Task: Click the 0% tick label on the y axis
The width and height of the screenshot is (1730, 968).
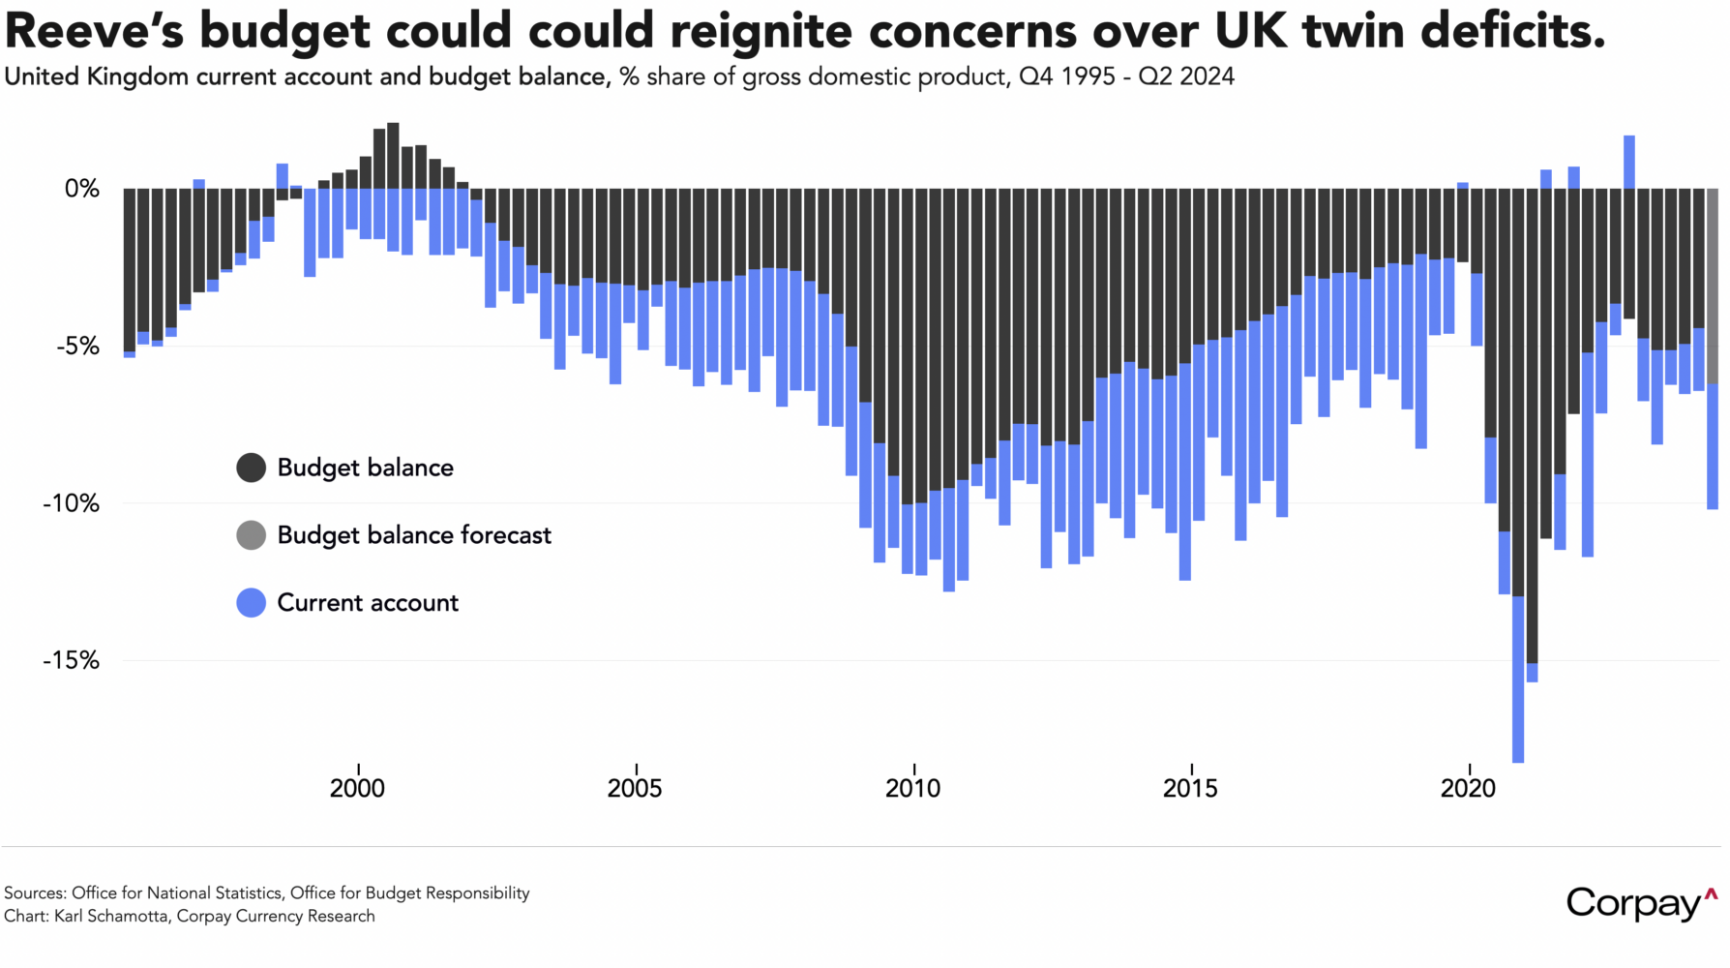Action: click(x=82, y=189)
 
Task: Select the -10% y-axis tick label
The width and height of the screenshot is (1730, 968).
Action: click(x=71, y=503)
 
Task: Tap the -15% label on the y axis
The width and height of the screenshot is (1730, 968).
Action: click(x=71, y=660)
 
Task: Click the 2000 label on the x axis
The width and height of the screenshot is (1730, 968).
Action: click(x=357, y=788)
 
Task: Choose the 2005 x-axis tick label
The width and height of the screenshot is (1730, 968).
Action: click(x=635, y=788)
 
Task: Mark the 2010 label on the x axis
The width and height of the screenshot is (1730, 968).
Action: click(x=912, y=788)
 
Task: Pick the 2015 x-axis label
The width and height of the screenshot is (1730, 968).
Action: click(x=1190, y=788)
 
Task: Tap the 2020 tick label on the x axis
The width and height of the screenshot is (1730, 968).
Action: click(x=1468, y=788)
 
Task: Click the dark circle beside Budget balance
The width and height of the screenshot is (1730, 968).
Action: click(x=252, y=468)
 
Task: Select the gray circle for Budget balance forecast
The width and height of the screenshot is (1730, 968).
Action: click(x=252, y=535)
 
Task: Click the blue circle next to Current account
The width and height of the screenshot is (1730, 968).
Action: click(x=252, y=603)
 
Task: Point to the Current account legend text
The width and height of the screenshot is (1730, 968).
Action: click(x=368, y=603)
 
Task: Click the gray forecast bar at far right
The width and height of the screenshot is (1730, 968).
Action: click(x=1713, y=286)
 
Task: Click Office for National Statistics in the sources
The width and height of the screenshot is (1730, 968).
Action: click(x=177, y=892)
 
